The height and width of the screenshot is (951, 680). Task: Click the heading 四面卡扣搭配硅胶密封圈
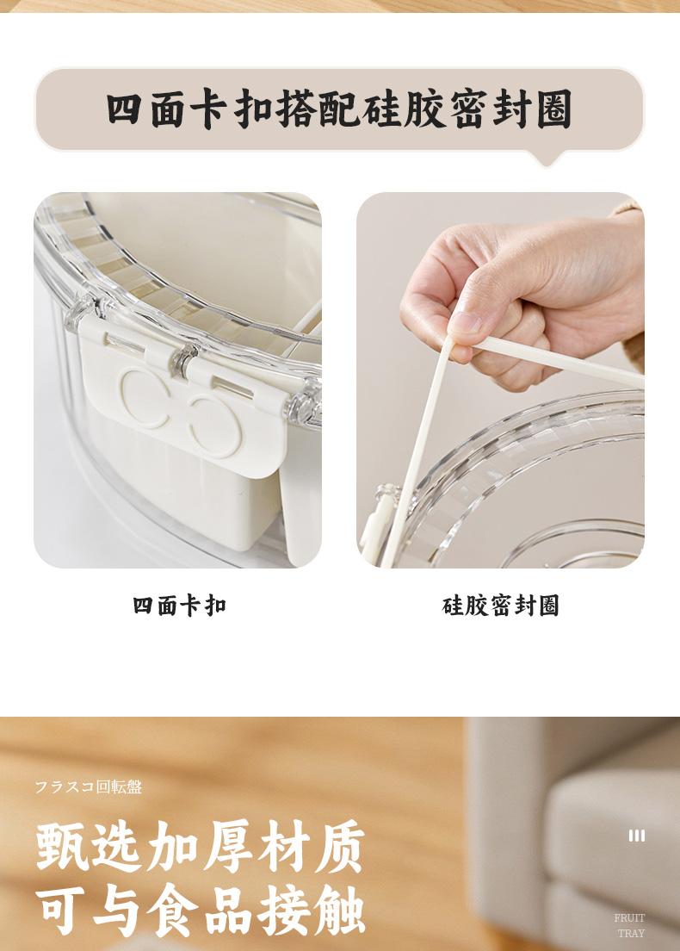[x=339, y=109]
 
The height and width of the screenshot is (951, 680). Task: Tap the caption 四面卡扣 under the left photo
[x=179, y=606]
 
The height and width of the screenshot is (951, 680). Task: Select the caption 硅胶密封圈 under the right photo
[x=501, y=606]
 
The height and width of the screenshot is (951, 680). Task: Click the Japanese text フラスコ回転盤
[x=89, y=786]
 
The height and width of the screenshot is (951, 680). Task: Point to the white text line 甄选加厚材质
[x=201, y=846]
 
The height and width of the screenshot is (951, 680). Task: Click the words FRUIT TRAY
[x=630, y=925]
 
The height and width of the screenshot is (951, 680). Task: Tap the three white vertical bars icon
[x=636, y=836]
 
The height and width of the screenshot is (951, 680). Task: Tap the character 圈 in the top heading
[x=554, y=109]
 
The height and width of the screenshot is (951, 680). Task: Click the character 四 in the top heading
[x=126, y=109]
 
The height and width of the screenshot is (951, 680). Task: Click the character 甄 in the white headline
[x=62, y=846]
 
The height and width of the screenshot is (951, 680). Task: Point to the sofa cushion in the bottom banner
[x=612, y=819]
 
